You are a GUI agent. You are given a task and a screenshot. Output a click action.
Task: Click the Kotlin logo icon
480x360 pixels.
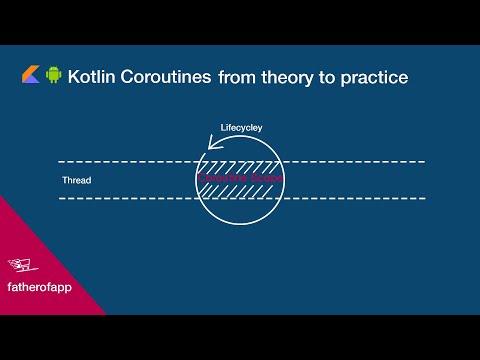(30, 76)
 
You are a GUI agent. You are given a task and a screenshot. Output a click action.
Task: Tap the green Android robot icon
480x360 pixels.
(53, 76)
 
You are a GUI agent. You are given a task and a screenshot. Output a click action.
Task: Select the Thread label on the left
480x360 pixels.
(77, 181)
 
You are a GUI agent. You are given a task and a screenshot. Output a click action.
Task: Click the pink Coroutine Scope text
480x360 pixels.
(240, 177)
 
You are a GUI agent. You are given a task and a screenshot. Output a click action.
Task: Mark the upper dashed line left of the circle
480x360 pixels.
(120, 161)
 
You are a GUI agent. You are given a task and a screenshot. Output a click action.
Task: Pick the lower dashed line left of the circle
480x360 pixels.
(120, 198)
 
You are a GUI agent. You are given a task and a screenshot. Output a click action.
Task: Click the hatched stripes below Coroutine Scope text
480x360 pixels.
(240, 190)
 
